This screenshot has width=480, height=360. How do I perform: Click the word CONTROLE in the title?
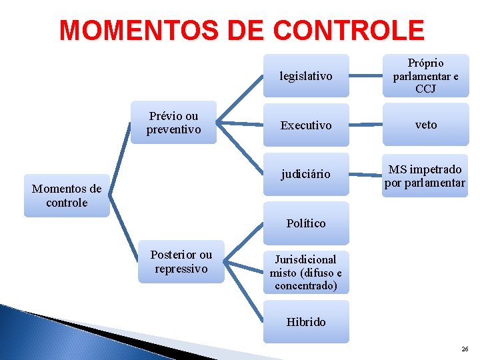(x=348, y=29)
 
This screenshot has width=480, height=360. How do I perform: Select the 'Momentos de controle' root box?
(x=67, y=195)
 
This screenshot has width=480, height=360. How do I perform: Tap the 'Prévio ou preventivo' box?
(x=173, y=123)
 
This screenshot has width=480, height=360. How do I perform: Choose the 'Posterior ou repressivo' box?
(x=181, y=261)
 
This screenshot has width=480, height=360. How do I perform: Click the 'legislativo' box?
(x=306, y=76)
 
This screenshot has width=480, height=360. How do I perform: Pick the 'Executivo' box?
(x=306, y=125)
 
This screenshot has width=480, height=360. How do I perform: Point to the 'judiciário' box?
(x=306, y=174)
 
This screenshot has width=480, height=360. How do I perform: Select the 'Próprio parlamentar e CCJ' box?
(x=425, y=76)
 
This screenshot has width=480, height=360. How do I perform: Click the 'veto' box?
(x=425, y=125)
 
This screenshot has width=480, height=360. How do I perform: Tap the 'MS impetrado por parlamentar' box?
(x=425, y=175)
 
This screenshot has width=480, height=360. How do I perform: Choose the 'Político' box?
(x=306, y=223)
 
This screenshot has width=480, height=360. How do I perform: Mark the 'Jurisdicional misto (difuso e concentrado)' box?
(x=306, y=272)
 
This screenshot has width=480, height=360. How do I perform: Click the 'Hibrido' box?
(x=306, y=321)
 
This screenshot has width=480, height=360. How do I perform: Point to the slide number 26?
(x=464, y=349)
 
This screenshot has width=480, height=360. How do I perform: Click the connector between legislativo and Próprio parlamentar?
(x=365, y=76)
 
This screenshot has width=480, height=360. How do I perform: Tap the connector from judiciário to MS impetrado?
(x=365, y=175)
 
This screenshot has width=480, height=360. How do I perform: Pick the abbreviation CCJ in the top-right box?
(x=425, y=89)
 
